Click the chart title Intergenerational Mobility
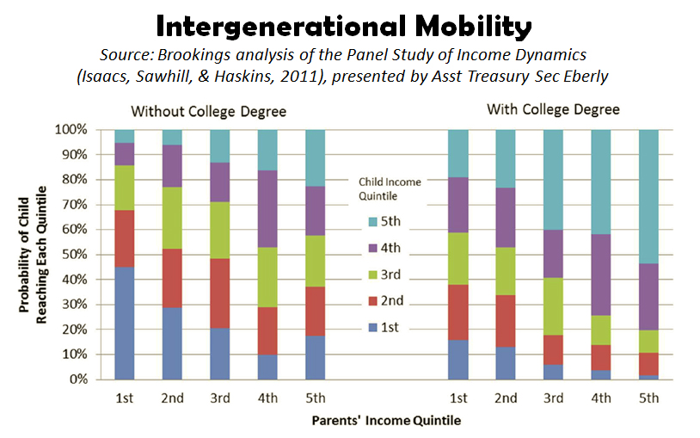350,27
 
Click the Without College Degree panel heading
208,112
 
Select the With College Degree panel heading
553,109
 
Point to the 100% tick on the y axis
71,130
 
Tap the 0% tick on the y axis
77,379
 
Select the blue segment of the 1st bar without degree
125,323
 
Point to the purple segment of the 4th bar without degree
267,208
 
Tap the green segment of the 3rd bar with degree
553,305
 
